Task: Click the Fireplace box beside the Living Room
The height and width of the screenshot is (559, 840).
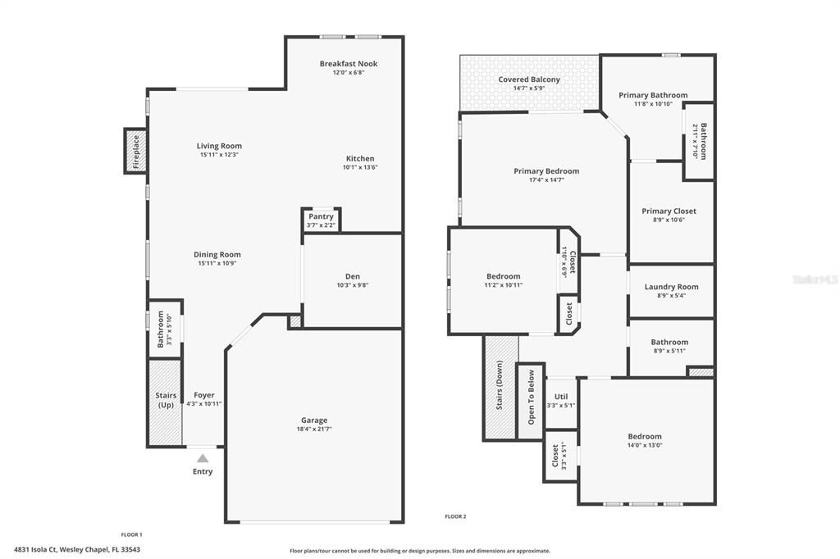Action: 135,151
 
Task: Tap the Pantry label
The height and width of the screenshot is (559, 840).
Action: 321,216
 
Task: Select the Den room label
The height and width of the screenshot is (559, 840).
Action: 353,276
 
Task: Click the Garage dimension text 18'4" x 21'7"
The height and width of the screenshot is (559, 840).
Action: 313,429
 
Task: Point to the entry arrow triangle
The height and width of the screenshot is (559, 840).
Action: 203,458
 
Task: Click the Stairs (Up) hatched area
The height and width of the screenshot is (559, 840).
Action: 165,414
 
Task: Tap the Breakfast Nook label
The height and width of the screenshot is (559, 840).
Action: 349,63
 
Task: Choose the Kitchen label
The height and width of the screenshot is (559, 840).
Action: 360,158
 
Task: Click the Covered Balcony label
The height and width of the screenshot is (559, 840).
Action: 529,80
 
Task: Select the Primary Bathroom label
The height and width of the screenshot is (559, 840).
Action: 653,95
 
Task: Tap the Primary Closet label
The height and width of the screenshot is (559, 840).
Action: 669,211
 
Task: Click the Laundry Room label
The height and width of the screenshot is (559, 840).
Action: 671,287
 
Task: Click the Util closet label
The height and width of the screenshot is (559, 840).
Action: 561,397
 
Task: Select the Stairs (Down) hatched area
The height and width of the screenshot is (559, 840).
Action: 500,387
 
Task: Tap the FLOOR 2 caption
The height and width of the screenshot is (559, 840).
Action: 455,516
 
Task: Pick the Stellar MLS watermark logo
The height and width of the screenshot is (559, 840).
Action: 814,279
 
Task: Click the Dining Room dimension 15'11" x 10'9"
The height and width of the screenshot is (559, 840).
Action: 217,263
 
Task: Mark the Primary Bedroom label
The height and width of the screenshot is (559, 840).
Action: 546,170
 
